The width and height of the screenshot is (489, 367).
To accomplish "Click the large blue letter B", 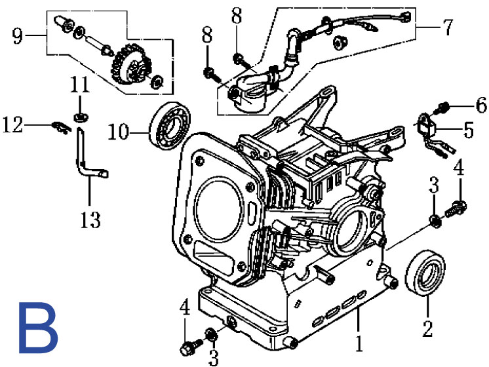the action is click(38, 328).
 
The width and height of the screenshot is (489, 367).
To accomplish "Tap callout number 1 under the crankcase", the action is click(359, 343).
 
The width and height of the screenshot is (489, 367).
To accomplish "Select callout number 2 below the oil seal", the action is click(427, 328).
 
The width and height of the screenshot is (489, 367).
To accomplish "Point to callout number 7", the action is click(448, 28).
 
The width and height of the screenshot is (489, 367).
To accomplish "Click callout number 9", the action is click(18, 36).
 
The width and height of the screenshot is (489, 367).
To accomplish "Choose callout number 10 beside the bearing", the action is click(119, 132).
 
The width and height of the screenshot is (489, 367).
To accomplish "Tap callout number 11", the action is click(80, 84).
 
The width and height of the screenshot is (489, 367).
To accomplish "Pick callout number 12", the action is click(13, 125).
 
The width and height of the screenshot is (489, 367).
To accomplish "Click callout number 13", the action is click(90, 220).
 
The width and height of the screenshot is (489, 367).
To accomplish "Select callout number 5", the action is click(469, 130).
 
